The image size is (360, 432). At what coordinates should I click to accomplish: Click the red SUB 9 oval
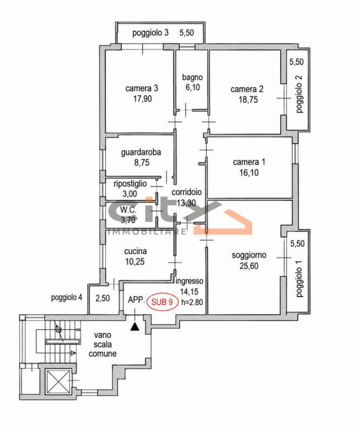click(162, 302)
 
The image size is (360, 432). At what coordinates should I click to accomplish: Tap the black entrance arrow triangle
click(135, 327)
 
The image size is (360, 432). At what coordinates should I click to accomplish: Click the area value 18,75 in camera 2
click(248, 99)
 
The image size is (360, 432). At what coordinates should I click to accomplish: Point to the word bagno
click(193, 77)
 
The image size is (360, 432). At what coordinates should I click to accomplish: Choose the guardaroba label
click(141, 152)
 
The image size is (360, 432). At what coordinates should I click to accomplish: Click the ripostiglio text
click(130, 184)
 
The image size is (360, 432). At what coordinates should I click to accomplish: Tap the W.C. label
click(128, 210)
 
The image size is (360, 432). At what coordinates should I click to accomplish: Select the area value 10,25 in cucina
click(135, 261)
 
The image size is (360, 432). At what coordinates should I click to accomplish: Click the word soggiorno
click(249, 255)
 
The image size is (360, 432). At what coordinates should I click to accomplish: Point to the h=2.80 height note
click(192, 302)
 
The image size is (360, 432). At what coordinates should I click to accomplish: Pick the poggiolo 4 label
click(66, 298)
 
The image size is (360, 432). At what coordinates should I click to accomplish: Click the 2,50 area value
click(103, 298)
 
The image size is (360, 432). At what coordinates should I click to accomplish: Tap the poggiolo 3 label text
click(151, 33)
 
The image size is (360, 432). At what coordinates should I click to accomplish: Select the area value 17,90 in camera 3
click(142, 99)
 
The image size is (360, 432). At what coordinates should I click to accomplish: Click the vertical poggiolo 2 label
click(300, 93)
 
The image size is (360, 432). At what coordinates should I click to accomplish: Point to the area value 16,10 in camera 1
click(249, 172)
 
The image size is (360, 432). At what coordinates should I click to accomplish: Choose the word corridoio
click(186, 192)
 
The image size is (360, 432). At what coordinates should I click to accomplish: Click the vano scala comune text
click(103, 345)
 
